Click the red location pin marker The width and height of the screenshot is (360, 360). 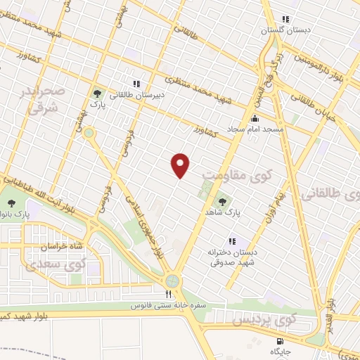[x=181, y=165]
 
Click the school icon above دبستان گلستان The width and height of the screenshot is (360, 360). [x=285, y=19]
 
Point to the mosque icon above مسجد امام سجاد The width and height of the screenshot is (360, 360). [x=254, y=118]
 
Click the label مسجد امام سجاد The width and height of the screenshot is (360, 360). [x=254, y=130]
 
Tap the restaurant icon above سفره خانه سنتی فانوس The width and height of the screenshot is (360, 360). [x=168, y=294]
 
